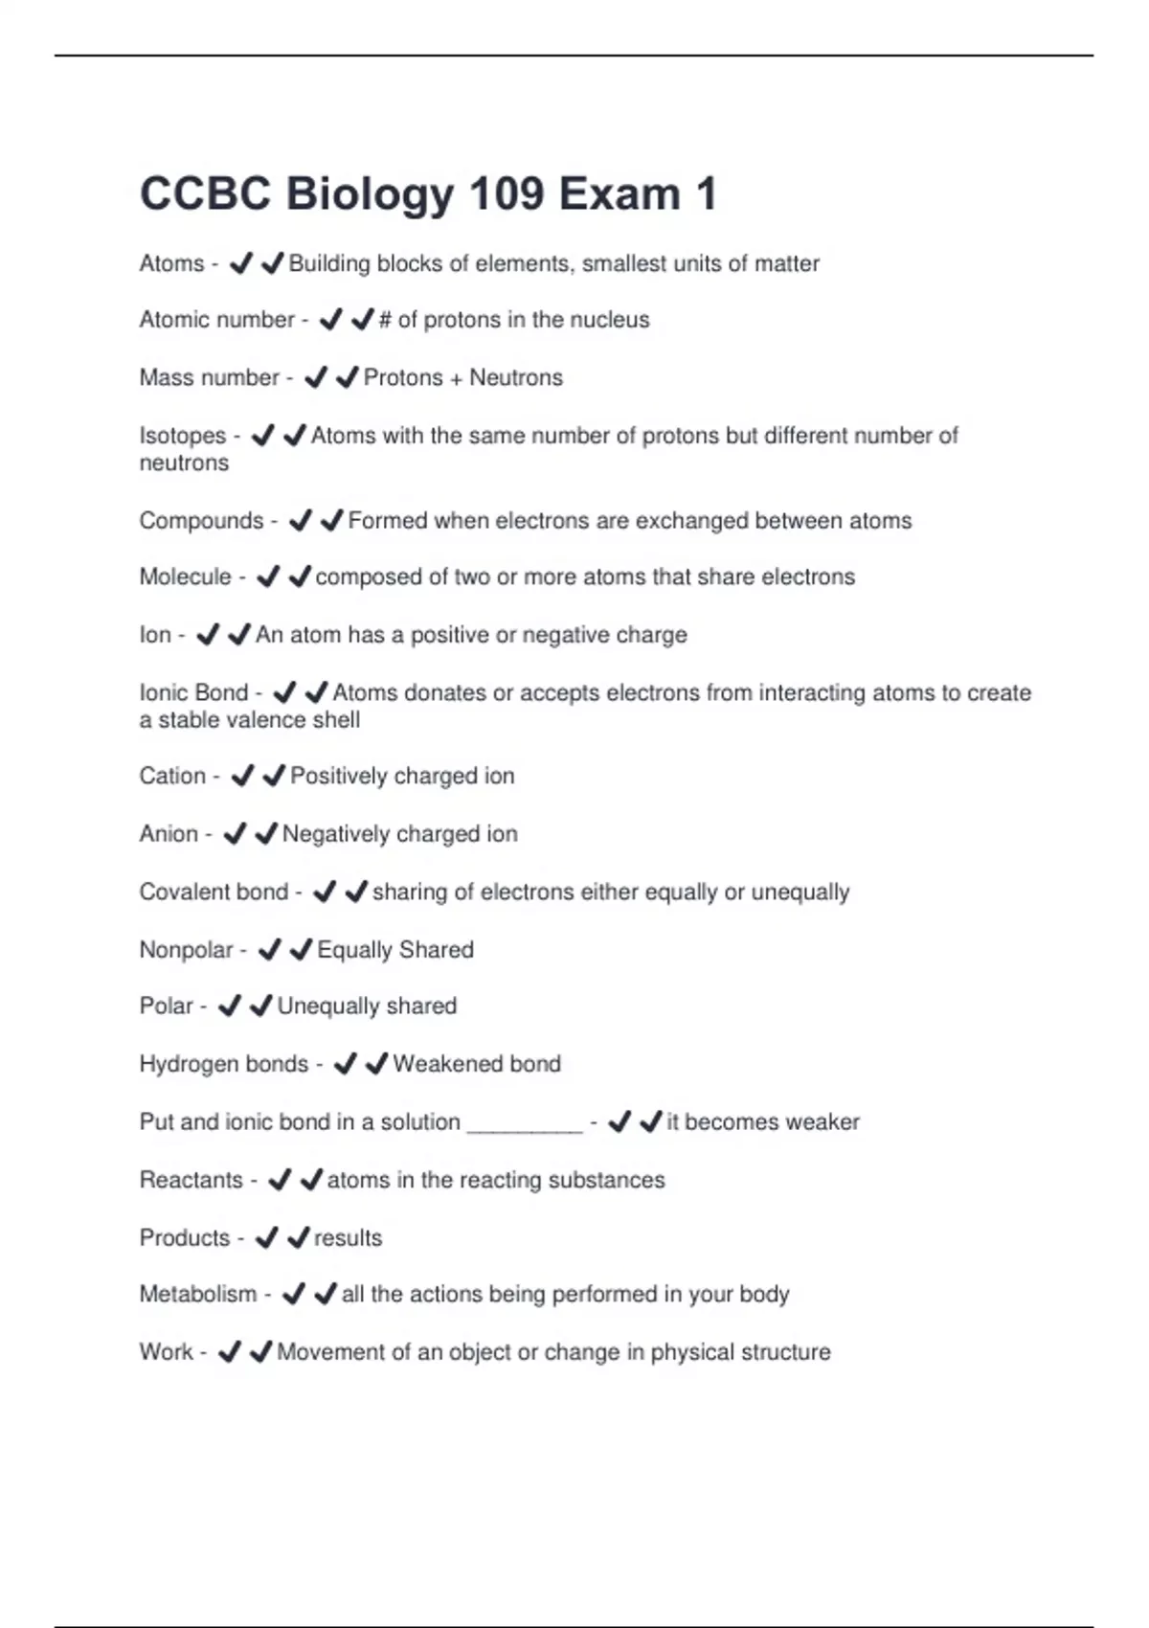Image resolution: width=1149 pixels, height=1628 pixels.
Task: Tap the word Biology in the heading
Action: coord(369,194)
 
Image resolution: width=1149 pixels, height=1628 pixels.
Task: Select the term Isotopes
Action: coord(182,436)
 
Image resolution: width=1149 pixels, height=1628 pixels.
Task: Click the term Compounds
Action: coord(201,521)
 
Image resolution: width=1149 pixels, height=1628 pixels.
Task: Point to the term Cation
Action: coord(172,776)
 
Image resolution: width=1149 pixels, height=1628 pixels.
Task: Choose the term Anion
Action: coord(169,834)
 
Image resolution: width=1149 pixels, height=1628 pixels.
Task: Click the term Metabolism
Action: coord(198,1295)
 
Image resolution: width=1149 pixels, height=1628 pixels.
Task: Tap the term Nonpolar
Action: coord(186,950)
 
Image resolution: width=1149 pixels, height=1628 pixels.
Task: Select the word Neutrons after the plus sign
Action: coord(516,378)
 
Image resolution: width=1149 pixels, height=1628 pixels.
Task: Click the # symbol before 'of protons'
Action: coord(385,320)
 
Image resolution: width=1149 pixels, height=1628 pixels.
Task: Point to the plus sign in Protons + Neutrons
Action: coord(456,379)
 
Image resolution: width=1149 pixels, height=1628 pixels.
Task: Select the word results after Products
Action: coord(348,1238)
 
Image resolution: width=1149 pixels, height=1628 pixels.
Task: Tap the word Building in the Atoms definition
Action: coord(328,263)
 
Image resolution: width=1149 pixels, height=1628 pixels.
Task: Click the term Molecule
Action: coord(185,577)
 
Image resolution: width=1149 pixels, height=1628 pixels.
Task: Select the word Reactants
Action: coord(191,1180)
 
